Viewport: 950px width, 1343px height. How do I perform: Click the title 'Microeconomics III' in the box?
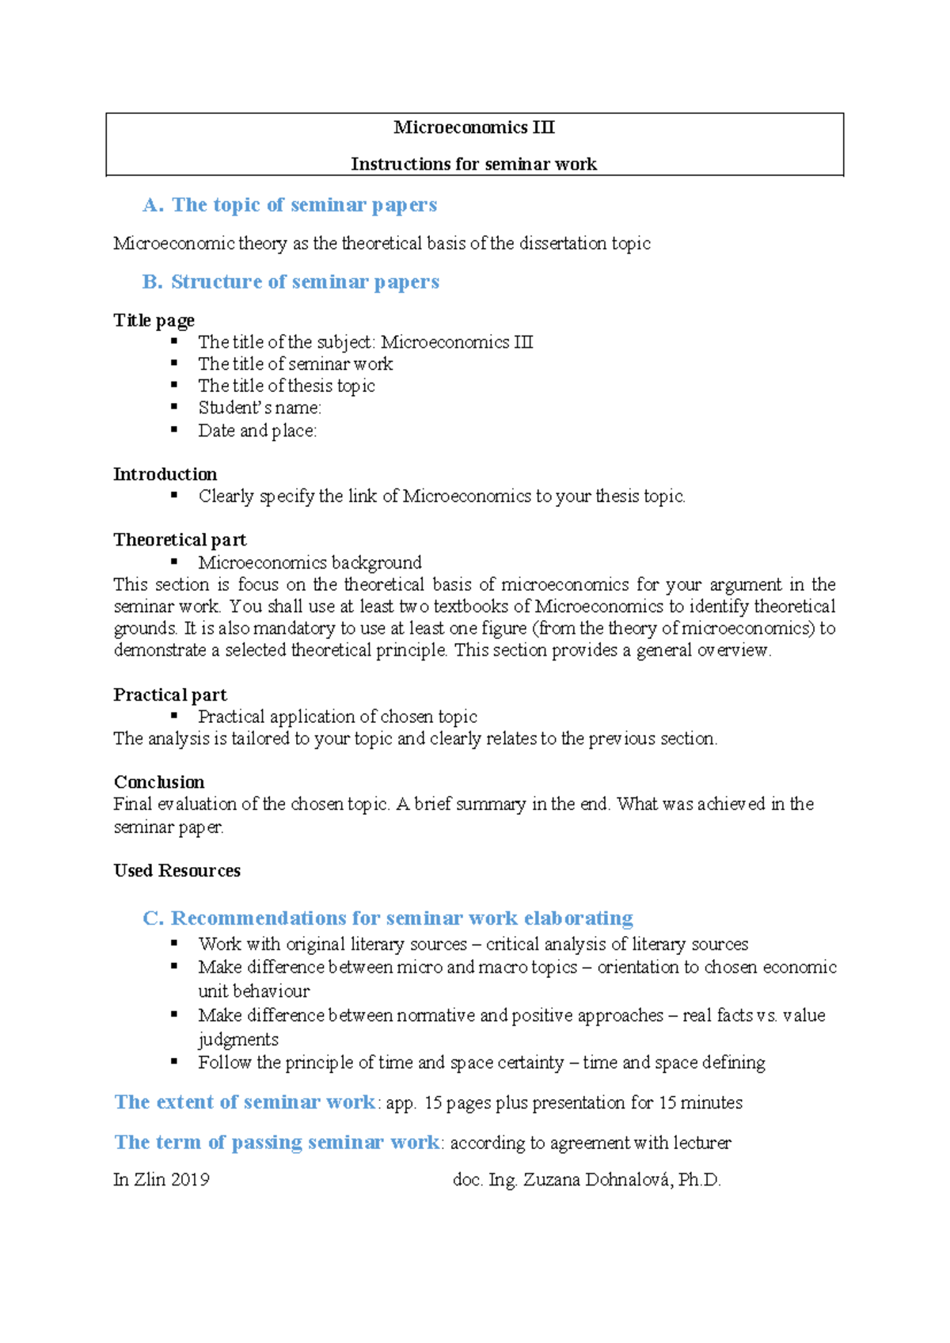473,127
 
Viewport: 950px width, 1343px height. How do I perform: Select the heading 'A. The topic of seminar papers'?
290,205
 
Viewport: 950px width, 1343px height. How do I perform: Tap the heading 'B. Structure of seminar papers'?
291,282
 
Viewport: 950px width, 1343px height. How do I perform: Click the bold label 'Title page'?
154,320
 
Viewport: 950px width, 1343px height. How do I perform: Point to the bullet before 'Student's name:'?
174,407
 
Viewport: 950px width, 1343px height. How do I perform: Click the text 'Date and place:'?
257,431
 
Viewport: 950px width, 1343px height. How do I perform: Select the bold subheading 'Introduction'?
165,474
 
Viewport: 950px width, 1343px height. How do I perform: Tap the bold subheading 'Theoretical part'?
180,540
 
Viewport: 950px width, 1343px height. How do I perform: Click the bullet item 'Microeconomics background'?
310,562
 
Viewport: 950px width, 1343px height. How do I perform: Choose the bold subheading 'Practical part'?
170,694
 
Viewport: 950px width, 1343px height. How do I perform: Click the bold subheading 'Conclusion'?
158,782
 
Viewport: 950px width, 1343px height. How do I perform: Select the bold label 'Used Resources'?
177,870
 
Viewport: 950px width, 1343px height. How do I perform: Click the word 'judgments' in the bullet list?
238,1039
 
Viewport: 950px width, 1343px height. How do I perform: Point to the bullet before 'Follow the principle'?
174,1062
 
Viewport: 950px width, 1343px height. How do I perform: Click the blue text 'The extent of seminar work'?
245,1102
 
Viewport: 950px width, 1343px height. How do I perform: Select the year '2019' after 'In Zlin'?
190,1180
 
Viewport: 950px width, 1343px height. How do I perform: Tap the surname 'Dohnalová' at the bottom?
629,1180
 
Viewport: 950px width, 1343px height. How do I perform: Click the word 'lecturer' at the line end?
702,1143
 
